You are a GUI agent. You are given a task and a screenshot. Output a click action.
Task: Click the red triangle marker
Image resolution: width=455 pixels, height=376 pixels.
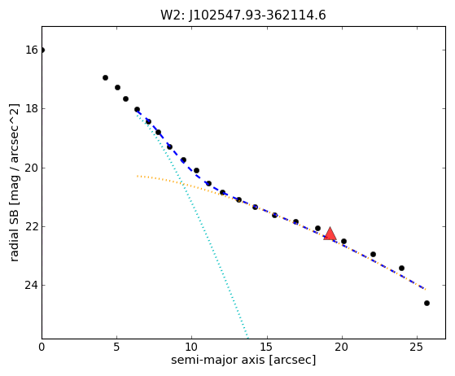[330, 234]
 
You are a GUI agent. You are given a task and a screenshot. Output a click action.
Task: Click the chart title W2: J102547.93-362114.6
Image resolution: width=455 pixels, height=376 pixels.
[243, 15]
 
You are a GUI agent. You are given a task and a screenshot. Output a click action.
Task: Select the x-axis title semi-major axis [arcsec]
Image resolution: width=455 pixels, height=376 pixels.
[243, 360]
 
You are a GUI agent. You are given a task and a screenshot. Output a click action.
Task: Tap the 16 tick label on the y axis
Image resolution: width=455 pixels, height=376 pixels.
[32, 50]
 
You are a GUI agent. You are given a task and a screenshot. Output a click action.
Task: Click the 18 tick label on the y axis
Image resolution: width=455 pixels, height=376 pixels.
[32, 108]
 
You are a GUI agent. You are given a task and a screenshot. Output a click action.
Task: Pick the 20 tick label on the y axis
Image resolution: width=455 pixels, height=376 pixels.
[32, 168]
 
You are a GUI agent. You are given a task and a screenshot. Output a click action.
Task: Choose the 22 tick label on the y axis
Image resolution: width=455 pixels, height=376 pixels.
[32, 226]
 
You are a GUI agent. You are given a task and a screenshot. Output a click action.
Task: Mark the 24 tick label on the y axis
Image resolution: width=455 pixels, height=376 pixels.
[32, 285]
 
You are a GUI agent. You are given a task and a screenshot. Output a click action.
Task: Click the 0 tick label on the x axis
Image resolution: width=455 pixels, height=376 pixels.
[42, 347]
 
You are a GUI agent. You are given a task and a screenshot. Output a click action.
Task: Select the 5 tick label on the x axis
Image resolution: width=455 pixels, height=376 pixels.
[116, 347]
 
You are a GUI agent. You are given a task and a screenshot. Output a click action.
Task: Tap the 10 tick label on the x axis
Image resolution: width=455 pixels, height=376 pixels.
[191, 347]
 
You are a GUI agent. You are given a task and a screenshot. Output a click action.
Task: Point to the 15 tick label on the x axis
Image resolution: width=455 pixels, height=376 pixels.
[267, 347]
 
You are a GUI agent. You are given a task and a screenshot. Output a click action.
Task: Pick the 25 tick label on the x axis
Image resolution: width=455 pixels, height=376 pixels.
[417, 347]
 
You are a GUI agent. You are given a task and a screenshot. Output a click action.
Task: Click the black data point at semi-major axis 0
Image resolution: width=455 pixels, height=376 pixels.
[42, 50]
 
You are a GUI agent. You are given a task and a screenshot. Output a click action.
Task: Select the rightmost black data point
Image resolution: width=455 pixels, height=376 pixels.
[427, 304]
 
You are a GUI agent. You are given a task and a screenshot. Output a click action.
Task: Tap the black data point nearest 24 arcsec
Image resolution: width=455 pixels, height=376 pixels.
[401, 268]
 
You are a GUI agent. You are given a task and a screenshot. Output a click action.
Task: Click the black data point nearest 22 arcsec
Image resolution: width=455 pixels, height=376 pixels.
[373, 255]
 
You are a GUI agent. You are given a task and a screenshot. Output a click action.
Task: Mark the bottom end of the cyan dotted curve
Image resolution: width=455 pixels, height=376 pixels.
[247, 338]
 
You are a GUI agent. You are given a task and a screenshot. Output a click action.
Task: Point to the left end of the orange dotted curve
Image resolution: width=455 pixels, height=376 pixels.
[138, 176]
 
